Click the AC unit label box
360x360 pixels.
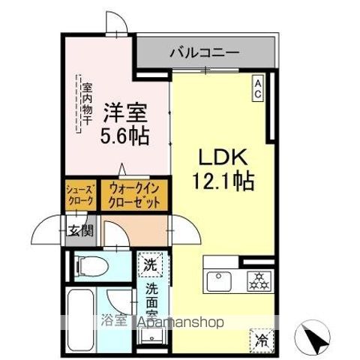click(x=258, y=88)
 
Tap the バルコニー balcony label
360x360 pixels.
click(x=205, y=53)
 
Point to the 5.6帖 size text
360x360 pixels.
click(x=124, y=136)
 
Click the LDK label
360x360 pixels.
click(x=223, y=157)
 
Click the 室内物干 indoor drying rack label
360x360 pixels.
click(x=87, y=104)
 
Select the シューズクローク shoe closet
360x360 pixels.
click(x=81, y=196)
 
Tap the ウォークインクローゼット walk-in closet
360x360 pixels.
click(x=134, y=196)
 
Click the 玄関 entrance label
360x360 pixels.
click(x=81, y=230)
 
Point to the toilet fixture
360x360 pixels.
click(x=91, y=266)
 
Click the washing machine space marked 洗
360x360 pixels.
click(x=150, y=265)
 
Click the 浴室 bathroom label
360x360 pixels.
click(x=114, y=321)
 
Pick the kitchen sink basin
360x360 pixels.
click(x=219, y=281)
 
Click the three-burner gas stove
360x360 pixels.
click(x=259, y=281)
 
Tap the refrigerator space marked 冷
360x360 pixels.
click(x=262, y=341)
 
